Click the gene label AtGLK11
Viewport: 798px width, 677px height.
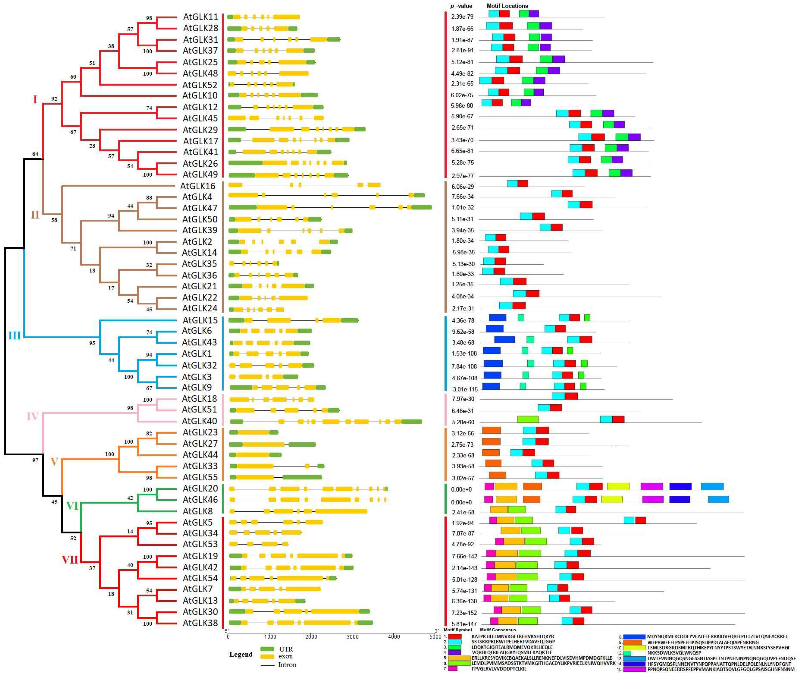point(200,17)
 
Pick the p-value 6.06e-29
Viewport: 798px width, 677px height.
point(462,187)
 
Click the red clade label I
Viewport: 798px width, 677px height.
point(35,100)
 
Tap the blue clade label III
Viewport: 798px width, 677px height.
point(15,336)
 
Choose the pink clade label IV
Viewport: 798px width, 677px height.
point(33,416)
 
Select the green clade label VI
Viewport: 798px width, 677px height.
point(72,506)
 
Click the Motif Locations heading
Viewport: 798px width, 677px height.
point(507,6)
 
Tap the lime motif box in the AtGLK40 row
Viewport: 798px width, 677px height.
point(528,419)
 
